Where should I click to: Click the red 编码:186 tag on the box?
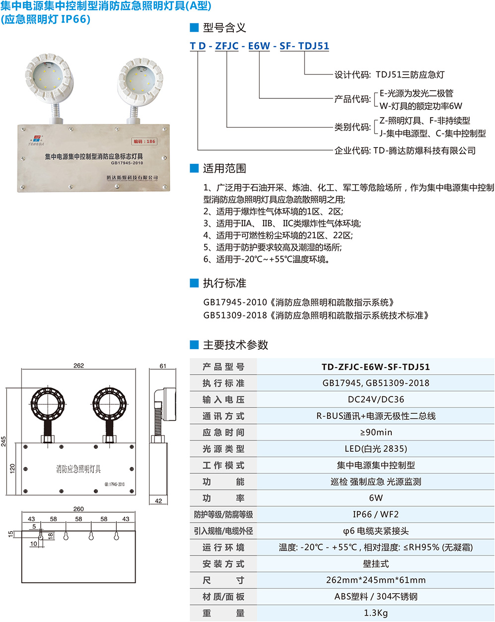pyautogui.click(x=144, y=141)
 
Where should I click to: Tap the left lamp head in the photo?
pyautogui.click(x=49, y=78)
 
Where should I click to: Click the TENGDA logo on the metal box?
pyautogui.click(x=36, y=140)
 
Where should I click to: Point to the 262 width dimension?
pyautogui.click(x=78, y=365)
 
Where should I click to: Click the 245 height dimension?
pyautogui.click(x=3, y=441)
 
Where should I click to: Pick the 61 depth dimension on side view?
pyautogui.click(x=163, y=366)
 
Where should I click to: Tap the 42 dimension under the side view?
pyautogui.click(x=158, y=501)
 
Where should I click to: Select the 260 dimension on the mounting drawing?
pyautogui.click(x=78, y=509)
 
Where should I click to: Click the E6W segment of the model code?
pyautogui.click(x=259, y=46)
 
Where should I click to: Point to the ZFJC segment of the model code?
pyautogui.click(x=227, y=46)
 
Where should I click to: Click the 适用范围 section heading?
pyautogui.click(x=224, y=168)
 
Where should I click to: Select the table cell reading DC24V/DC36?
pyautogui.click(x=376, y=399)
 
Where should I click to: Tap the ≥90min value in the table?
pyautogui.click(x=376, y=432)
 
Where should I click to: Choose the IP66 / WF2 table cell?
pyautogui.click(x=376, y=515)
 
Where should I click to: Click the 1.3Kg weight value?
pyautogui.click(x=376, y=613)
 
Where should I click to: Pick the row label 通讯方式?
pyautogui.click(x=223, y=416)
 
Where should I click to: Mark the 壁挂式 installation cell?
pyautogui.click(x=376, y=563)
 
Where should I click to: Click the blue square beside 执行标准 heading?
pyautogui.click(x=194, y=283)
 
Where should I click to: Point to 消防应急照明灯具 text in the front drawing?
pyautogui.click(x=78, y=469)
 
